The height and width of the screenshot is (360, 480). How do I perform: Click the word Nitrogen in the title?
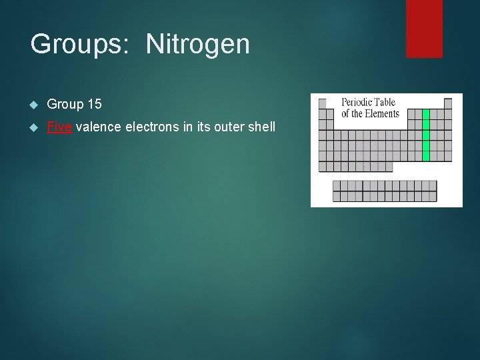198,45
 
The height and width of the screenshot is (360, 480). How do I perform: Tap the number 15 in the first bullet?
94,104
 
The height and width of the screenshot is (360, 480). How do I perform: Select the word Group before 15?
65,104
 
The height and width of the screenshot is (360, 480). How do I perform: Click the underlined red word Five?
59,127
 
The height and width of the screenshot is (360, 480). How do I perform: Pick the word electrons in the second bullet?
153,127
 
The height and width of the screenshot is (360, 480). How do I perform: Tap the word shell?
261,127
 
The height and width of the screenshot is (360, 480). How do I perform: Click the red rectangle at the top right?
424,28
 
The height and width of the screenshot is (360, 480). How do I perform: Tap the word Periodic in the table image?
357,103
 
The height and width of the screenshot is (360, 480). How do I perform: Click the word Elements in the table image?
382,113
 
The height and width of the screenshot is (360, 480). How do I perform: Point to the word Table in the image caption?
385,103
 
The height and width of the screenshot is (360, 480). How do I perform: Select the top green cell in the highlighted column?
426,114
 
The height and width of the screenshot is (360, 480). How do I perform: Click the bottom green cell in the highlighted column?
426,156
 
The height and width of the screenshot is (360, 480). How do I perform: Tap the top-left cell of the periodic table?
323,103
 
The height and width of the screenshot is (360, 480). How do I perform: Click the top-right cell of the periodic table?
448,103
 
